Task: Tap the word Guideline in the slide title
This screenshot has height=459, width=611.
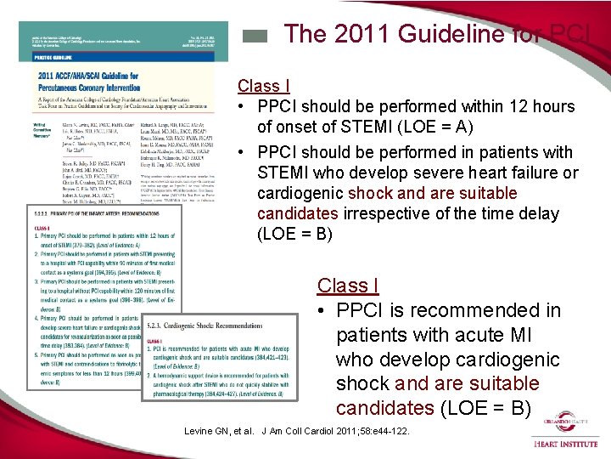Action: [440, 34]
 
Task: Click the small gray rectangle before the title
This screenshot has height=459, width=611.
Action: [255, 37]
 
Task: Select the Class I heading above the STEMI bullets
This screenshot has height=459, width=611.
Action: [264, 86]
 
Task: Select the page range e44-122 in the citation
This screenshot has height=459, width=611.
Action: [386, 431]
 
